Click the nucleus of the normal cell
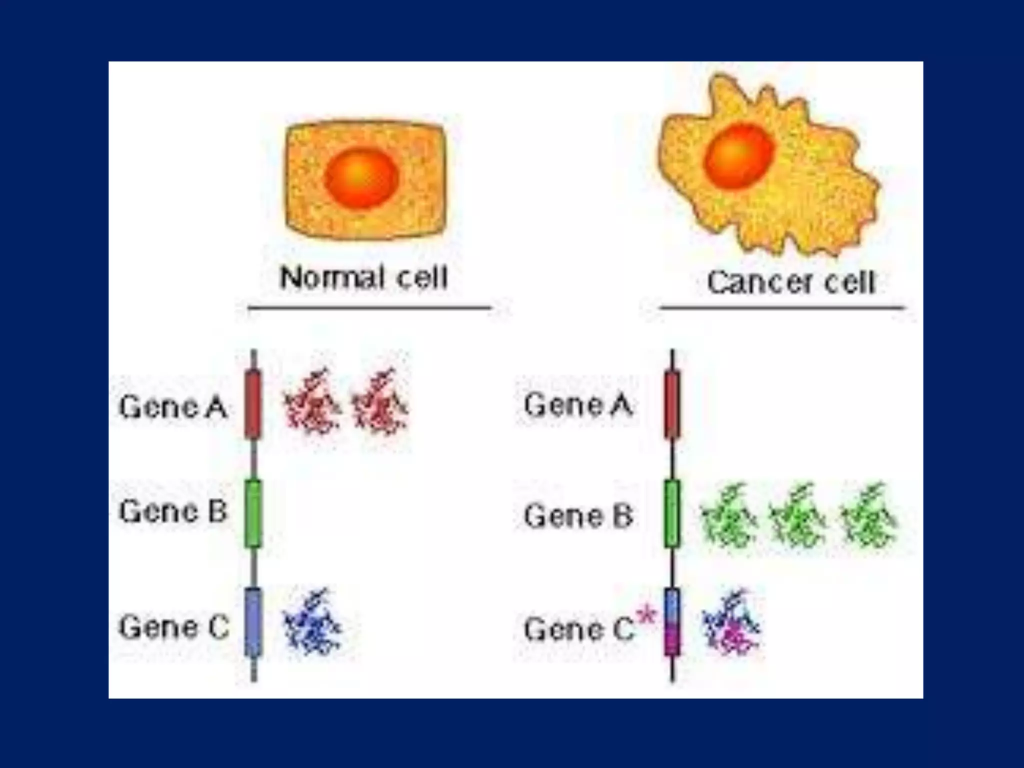[x=361, y=177]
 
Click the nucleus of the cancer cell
[x=739, y=156]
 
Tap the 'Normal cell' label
[x=363, y=277]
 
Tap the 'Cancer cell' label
[x=791, y=282]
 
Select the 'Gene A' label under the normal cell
[x=173, y=406]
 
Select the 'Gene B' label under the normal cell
[x=173, y=511]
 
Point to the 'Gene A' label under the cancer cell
[x=578, y=404]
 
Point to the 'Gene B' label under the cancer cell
[x=578, y=515]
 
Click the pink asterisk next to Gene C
[x=647, y=615]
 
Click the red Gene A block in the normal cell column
[x=253, y=404]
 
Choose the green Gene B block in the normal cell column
[x=253, y=513]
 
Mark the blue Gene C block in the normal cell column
[x=253, y=622]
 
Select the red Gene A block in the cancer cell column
[x=672, y=404]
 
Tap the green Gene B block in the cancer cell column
[x=672, y=513]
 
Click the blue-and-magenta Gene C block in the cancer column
[x=672, y=622]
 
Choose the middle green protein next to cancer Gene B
[x=796, y=515]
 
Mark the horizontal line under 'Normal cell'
[x=370, y=307]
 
